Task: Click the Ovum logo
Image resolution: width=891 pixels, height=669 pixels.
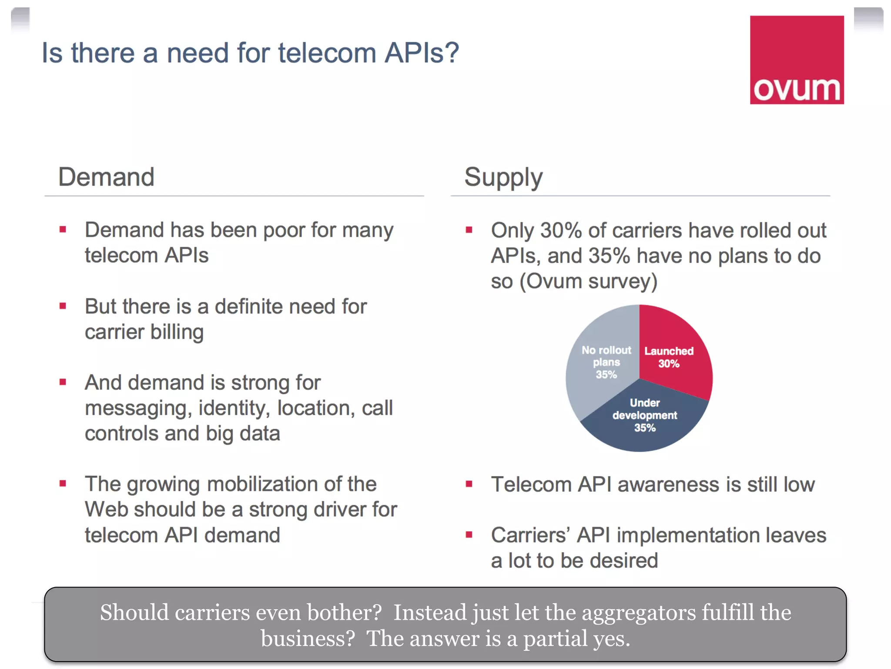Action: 797,60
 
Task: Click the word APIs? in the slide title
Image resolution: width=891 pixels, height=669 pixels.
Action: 421,53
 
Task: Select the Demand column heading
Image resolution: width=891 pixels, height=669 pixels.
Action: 106,177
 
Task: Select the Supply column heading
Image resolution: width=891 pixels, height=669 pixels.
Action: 503,177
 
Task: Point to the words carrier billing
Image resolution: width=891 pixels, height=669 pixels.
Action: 144,332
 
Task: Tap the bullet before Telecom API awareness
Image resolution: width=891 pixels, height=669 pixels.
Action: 469,484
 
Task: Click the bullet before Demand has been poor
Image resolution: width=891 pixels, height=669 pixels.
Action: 63,230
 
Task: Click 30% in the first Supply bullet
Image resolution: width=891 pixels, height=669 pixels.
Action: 561,230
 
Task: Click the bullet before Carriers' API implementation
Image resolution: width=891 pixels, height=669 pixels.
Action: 469,535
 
